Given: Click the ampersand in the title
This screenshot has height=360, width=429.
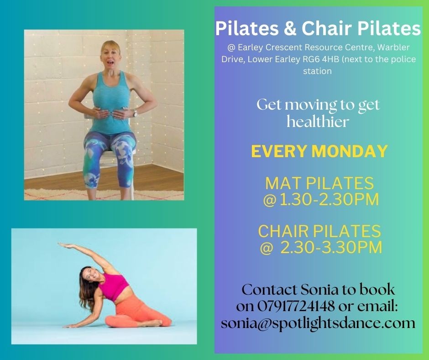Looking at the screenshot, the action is (x=290, y=28).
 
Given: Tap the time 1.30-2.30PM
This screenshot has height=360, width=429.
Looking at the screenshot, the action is (x=328, y=200).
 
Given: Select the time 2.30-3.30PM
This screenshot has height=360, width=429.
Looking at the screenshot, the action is (x=331, y=248).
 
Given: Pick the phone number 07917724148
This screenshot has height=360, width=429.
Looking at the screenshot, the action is (x=296, y=306).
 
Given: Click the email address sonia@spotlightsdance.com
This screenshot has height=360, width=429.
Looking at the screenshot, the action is (x=318, y=323).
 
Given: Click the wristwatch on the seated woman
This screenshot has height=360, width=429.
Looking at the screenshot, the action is (x=135, y=112).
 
